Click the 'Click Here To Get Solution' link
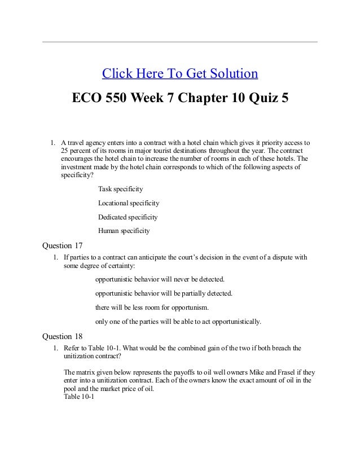pos(179,74)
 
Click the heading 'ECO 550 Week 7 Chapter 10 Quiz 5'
pos(180,98)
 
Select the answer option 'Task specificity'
pos(120,188)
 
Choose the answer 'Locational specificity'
pos(129,203)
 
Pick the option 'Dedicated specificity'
pos(128,217)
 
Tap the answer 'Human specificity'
pos(124,231)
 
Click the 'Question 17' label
pos(65,245)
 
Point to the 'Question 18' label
pos(65,337)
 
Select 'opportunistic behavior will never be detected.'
pos(160,279)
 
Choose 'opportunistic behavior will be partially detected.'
pos(164,293)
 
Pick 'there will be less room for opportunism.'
pos(152,307)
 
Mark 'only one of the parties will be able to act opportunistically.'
pos(178,322)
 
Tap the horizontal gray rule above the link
pos(180,42)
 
